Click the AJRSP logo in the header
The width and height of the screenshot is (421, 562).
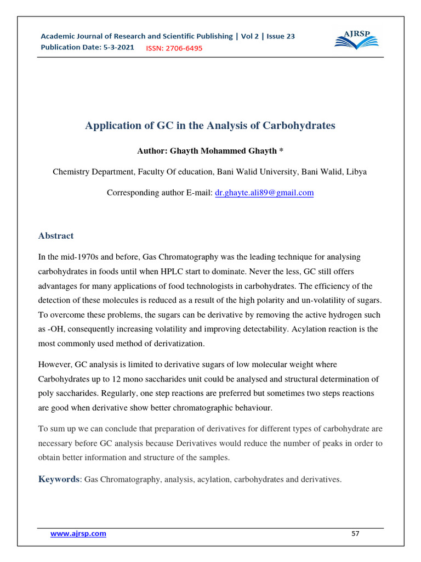click(356, 41)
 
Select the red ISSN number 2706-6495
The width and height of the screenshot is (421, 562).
click(174, 48)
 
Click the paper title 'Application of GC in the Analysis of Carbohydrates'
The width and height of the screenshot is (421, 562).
click(210, 126)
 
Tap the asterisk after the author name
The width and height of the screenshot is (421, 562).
click(281, 150)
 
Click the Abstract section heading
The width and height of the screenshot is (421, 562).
click(56, 236)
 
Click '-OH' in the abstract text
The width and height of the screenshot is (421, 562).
click(55, 329)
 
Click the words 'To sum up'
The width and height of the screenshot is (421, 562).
click(56, 429)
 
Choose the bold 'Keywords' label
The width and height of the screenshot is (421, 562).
click(59, 479)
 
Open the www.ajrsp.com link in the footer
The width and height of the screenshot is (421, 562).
click(78, 533)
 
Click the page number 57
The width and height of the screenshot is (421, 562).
click(355, 533)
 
